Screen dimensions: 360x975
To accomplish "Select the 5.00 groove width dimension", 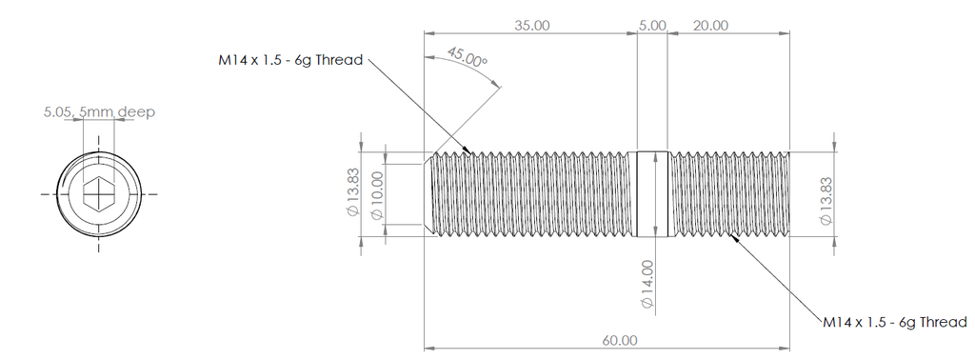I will (652, 25).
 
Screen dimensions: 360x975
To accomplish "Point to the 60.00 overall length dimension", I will (620, 340).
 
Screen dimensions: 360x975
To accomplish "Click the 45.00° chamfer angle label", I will (468, 58).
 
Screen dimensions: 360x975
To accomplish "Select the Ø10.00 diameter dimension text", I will (377, 195).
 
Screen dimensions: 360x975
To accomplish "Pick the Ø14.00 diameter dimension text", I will (647, 284).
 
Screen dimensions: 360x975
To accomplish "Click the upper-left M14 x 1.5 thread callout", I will (289, 61).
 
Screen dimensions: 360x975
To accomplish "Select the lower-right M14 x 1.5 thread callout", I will (895, 322).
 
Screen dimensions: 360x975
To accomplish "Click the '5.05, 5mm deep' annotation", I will (99, 112).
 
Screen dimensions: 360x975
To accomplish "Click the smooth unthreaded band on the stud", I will (652, 193).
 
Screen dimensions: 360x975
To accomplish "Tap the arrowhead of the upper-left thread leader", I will (470, 150).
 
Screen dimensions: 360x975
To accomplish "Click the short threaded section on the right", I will (728, 193).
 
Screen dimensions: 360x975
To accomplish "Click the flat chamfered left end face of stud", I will (426, 193).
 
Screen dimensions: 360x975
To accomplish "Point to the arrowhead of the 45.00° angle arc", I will (498, 87).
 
